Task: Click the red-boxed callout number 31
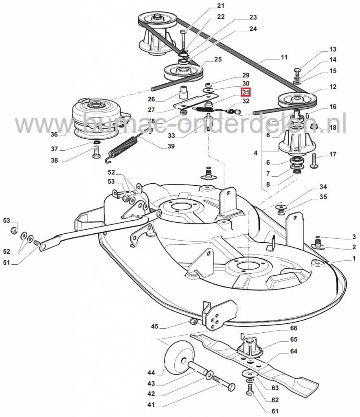tap(246, 92)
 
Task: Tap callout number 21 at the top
tap(220, 6)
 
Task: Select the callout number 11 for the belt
tap(284, 57)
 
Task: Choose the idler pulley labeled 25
tap(184, 72)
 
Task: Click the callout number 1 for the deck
tap(353, 258)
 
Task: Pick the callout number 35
tap(323, 198)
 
